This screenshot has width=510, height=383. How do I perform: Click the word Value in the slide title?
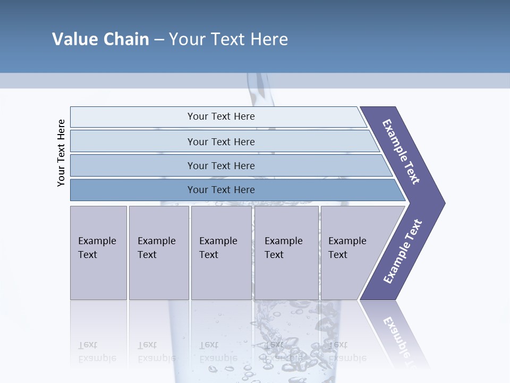pyautogui.click(x=74, y=39)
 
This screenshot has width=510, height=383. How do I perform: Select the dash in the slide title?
pyautogui.click(x=159, y=39)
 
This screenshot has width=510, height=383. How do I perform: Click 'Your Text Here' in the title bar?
pyautogui.click(x=228, y=39)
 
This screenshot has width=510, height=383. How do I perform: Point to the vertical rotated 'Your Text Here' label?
pyautogui.click(x=61, y=153)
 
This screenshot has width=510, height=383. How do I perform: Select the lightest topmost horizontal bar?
pyautogui.click(x=221, y=116)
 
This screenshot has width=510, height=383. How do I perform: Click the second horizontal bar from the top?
pyautogui.click(x=221, y=141)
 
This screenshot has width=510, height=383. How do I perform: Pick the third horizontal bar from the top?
pyautogui.click(x=221, y=165)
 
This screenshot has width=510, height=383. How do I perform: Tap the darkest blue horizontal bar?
pyautogui.click(x=221, y=190)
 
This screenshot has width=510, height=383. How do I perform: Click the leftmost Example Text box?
pyautogui.click(x=98, y=253)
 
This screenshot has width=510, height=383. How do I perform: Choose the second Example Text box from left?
pyautogui.click(x=158, y=253)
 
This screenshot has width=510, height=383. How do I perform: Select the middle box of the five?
pyautogui.click(x=221, y=253)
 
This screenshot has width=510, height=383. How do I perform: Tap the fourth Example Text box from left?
pyautogui.click(x=286, y=253)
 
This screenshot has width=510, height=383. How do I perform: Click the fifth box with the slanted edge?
pyautogui.click(x=351, y=253)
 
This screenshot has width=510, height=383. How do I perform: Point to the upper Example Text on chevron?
pyautogui.click(x=401, y=152)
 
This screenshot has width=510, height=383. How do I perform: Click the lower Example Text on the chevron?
pyautogui.click(x=402, y=252)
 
